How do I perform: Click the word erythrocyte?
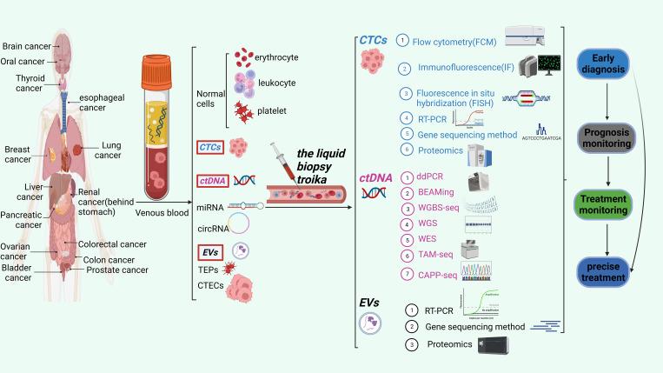[x=275, y=57]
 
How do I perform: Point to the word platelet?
[x=270, y=111]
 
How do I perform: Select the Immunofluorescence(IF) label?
[x=461, y=67]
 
